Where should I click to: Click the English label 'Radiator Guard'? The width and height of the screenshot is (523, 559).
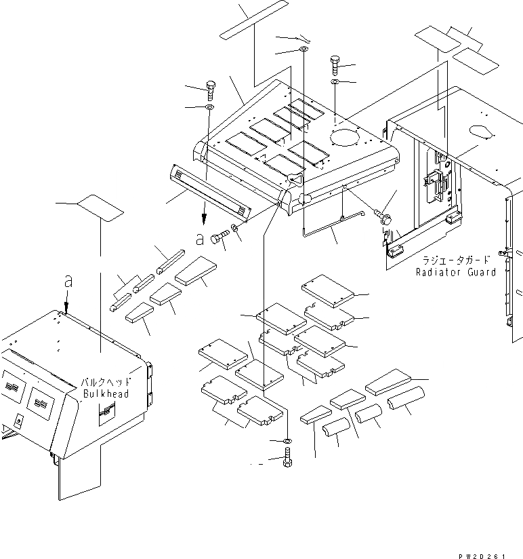coord(456,272)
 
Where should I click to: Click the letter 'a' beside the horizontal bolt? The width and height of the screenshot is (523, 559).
coord(199,239)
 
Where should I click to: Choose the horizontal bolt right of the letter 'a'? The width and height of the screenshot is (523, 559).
coord(219,237)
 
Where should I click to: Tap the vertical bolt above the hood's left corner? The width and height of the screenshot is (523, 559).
coord(209,90)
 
